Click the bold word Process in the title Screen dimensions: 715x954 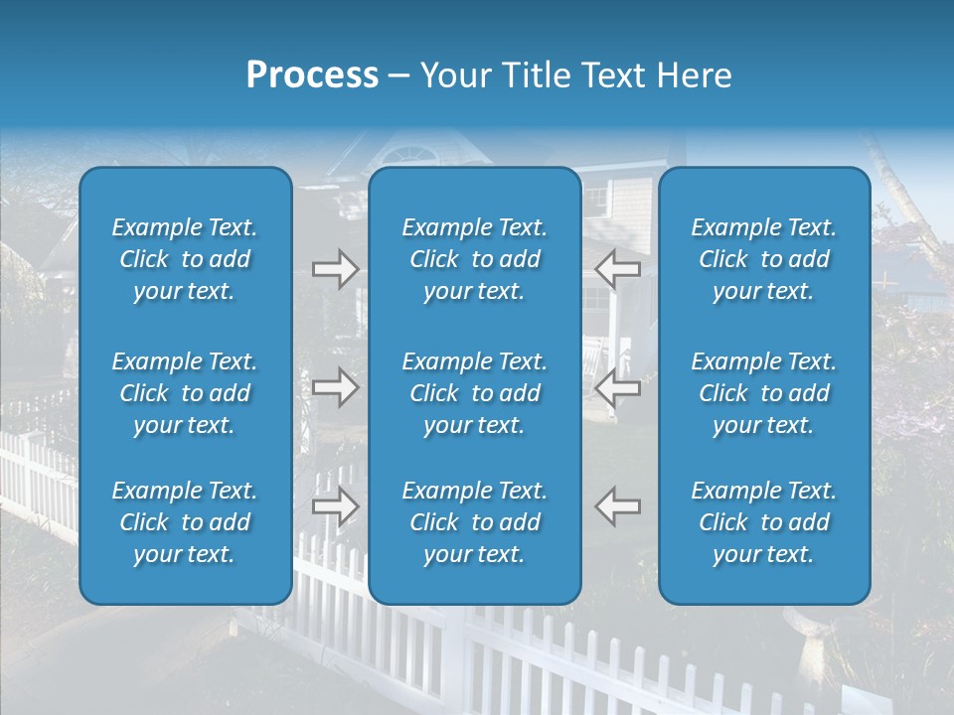coord(312,75)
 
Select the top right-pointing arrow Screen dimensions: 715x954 coord(335,269)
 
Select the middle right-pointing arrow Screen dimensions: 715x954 coord(335,387)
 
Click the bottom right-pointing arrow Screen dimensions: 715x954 coord(335,505)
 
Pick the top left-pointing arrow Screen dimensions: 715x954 coord(617,269)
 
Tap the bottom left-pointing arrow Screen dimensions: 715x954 coord(617,505)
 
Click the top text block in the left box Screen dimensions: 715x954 coord(185,259)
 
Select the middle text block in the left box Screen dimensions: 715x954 coord(185,393)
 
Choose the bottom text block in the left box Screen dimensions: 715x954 coord(185,522)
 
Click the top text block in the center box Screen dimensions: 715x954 coord(474,259)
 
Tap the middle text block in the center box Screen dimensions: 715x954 coord(474,393)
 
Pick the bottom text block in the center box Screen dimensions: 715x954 coord(474,522)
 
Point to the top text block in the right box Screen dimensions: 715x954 coord(763,259)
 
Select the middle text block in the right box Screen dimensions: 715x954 coord(763,393)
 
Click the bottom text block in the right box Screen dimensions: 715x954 coord(763,522)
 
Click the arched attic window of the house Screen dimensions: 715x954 coord(407,156)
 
